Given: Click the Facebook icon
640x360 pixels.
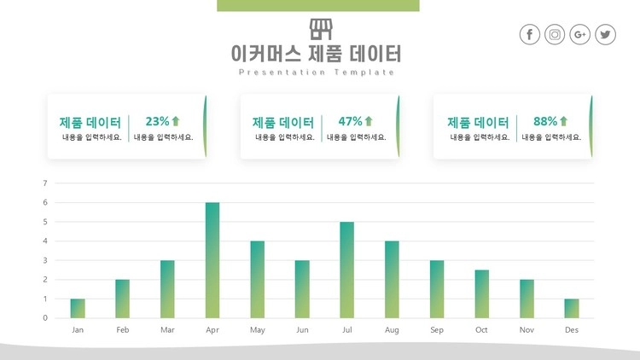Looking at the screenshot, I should [x=530, y=34].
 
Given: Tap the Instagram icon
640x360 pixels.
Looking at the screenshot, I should [x=556, y=34].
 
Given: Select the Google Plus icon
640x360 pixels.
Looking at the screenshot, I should [x=580, y=34].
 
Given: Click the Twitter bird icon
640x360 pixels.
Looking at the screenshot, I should [x=606, y=34].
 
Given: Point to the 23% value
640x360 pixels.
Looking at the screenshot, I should [x=158, y=121].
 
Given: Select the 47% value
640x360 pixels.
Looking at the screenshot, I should [x=351, y=121].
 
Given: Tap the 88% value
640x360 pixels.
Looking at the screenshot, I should [x=545, y=121].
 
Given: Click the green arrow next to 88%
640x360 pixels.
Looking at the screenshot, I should [x=563, y=121].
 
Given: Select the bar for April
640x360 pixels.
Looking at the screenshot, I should [x=212, y=260].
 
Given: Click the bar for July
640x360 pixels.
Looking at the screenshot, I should [x=347, y=270].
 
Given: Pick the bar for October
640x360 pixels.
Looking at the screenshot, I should [x=481, y=293].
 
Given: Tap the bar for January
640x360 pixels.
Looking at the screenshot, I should [x=78, y=308].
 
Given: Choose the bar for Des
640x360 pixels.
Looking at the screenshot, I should [x=571, y=308].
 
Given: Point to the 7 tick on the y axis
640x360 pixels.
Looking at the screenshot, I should [x=45, y=183].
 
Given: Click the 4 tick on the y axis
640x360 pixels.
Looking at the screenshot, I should [x=45, y=241].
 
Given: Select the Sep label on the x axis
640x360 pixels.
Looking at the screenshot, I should [x=437, y=329].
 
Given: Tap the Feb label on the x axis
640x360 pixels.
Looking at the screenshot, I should [x=123, y=329].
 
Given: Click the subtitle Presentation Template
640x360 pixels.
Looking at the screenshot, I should [x=317, y=73].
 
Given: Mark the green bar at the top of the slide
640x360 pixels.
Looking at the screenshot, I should [x=318, y=6].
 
